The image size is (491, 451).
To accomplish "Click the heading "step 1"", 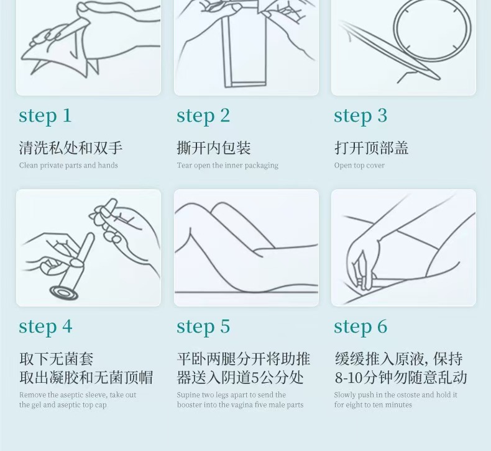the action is click(x=45, y=116).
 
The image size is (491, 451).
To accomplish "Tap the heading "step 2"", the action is click(x=203, y=116).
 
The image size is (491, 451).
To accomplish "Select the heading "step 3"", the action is click(x=360, y=116).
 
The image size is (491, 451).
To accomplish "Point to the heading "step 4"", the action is click(x=46, y=327).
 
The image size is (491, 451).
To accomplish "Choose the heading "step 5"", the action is click(x=203, y=327).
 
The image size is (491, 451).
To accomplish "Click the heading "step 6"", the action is click(x=360, y=327).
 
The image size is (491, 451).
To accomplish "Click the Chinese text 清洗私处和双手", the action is click(x=71, y=148).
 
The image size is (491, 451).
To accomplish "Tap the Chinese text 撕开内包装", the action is click(x=214, y=148).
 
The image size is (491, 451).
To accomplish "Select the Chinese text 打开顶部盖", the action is click(x=372, y=148).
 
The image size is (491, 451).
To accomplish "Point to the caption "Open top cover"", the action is click(x=359, y=166).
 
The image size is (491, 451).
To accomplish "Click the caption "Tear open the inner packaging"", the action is click(x=227, y=166).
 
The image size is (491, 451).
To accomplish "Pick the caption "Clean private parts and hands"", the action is click(x=68, y=166).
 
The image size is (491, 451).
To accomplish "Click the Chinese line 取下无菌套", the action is click(x=57, y=359).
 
